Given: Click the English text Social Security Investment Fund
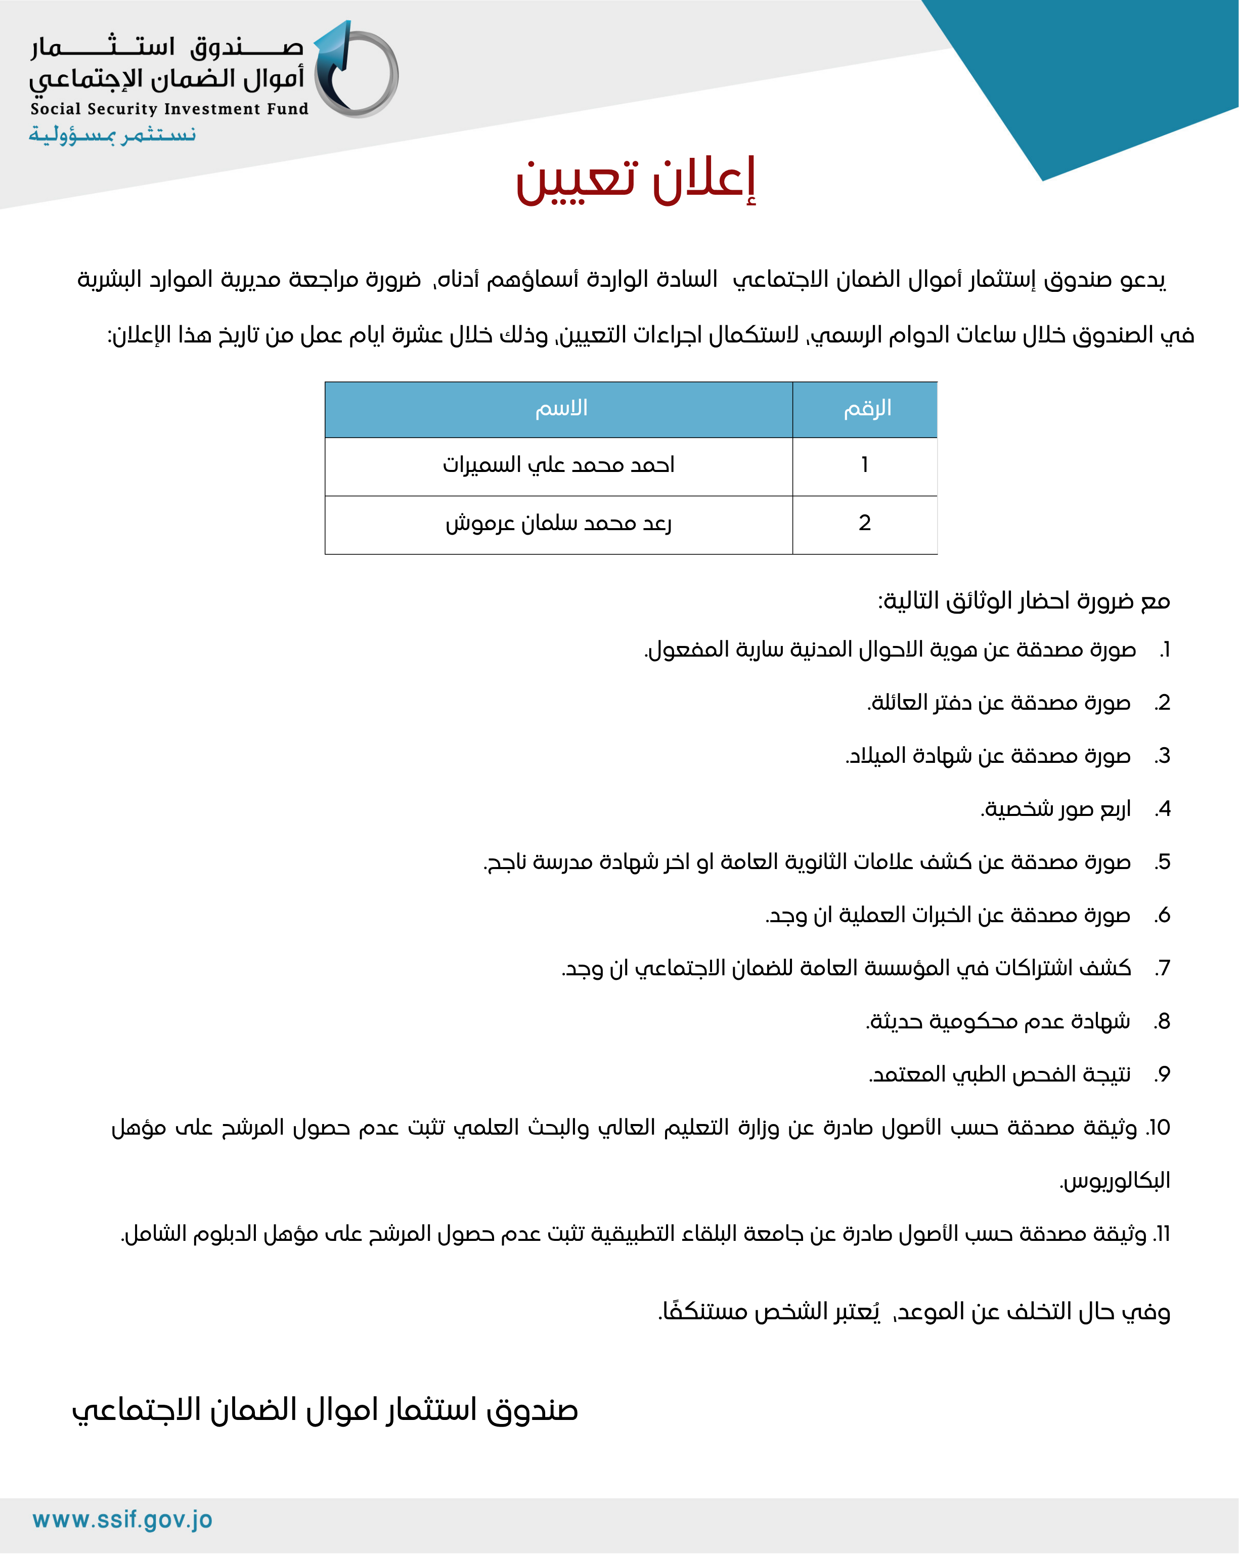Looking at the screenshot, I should pyautogui.click(x=169, y=109).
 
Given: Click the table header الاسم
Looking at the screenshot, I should pyautogui.click(x=561, y=409).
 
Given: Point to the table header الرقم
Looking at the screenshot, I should pyautogui.click(x=867, y=409).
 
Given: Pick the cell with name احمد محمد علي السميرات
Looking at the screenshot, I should pyautogui.click(x=559, y=465).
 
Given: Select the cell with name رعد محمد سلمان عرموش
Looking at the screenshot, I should pyautogui.click(x=559, y=523).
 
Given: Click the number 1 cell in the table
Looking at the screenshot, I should pyautogui.click(x=864, y=465).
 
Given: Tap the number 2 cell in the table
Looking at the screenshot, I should pyautogui.click(x=864, y=523).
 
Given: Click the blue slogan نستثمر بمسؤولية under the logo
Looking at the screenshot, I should pyautogui.click(x=112, y=135).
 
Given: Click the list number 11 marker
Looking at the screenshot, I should pyautogui.click(x=1161, y=1234).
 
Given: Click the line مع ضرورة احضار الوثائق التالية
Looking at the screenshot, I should pyautogui.click(x=1024, y=600).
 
